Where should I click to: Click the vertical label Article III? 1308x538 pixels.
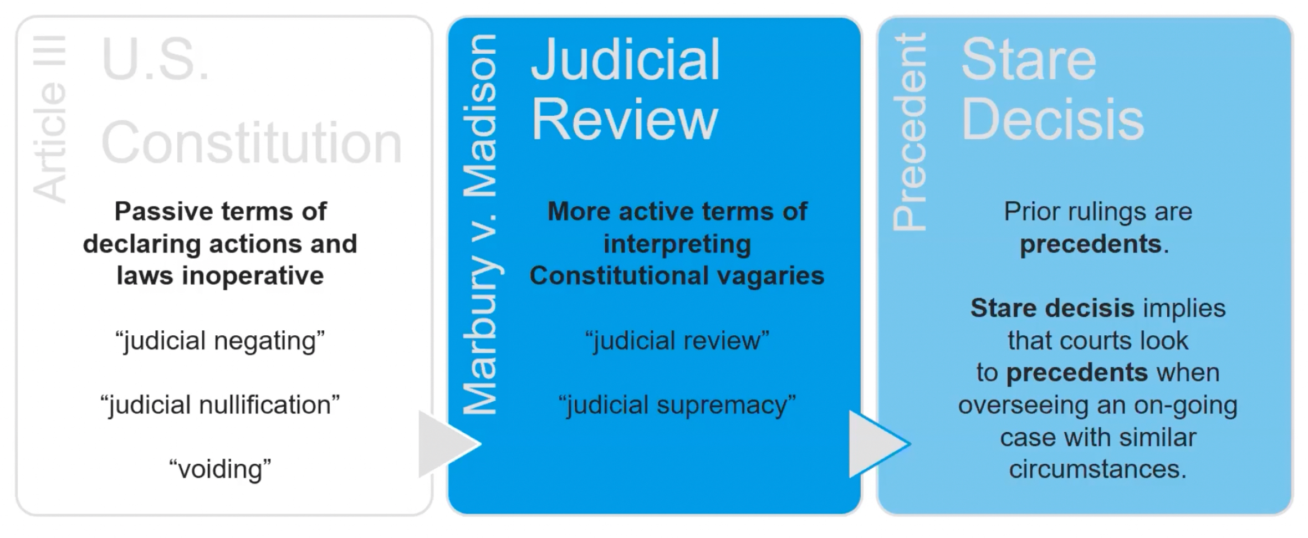click(x=50, y=119)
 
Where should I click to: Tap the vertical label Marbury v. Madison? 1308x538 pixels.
click(x=480, y=224)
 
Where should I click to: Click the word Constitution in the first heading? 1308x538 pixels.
click(x=251, y=143)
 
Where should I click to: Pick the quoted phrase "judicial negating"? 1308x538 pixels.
click(x=220, y=340)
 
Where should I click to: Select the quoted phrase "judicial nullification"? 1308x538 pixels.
click(x=220, y=404)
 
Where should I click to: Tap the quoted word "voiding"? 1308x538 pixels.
click(x=220, y=469)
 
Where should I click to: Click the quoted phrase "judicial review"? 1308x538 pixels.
click(x=677, y=340)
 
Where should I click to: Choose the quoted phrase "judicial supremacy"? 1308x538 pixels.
click(x=677, y=404)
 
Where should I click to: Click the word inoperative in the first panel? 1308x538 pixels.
click(x=253, y=275)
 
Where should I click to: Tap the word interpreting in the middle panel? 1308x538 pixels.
click(x=677, y=244)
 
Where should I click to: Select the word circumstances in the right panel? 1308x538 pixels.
click(x=1097, y=469)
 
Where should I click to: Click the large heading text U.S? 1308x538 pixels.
click(x=155, y=60)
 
